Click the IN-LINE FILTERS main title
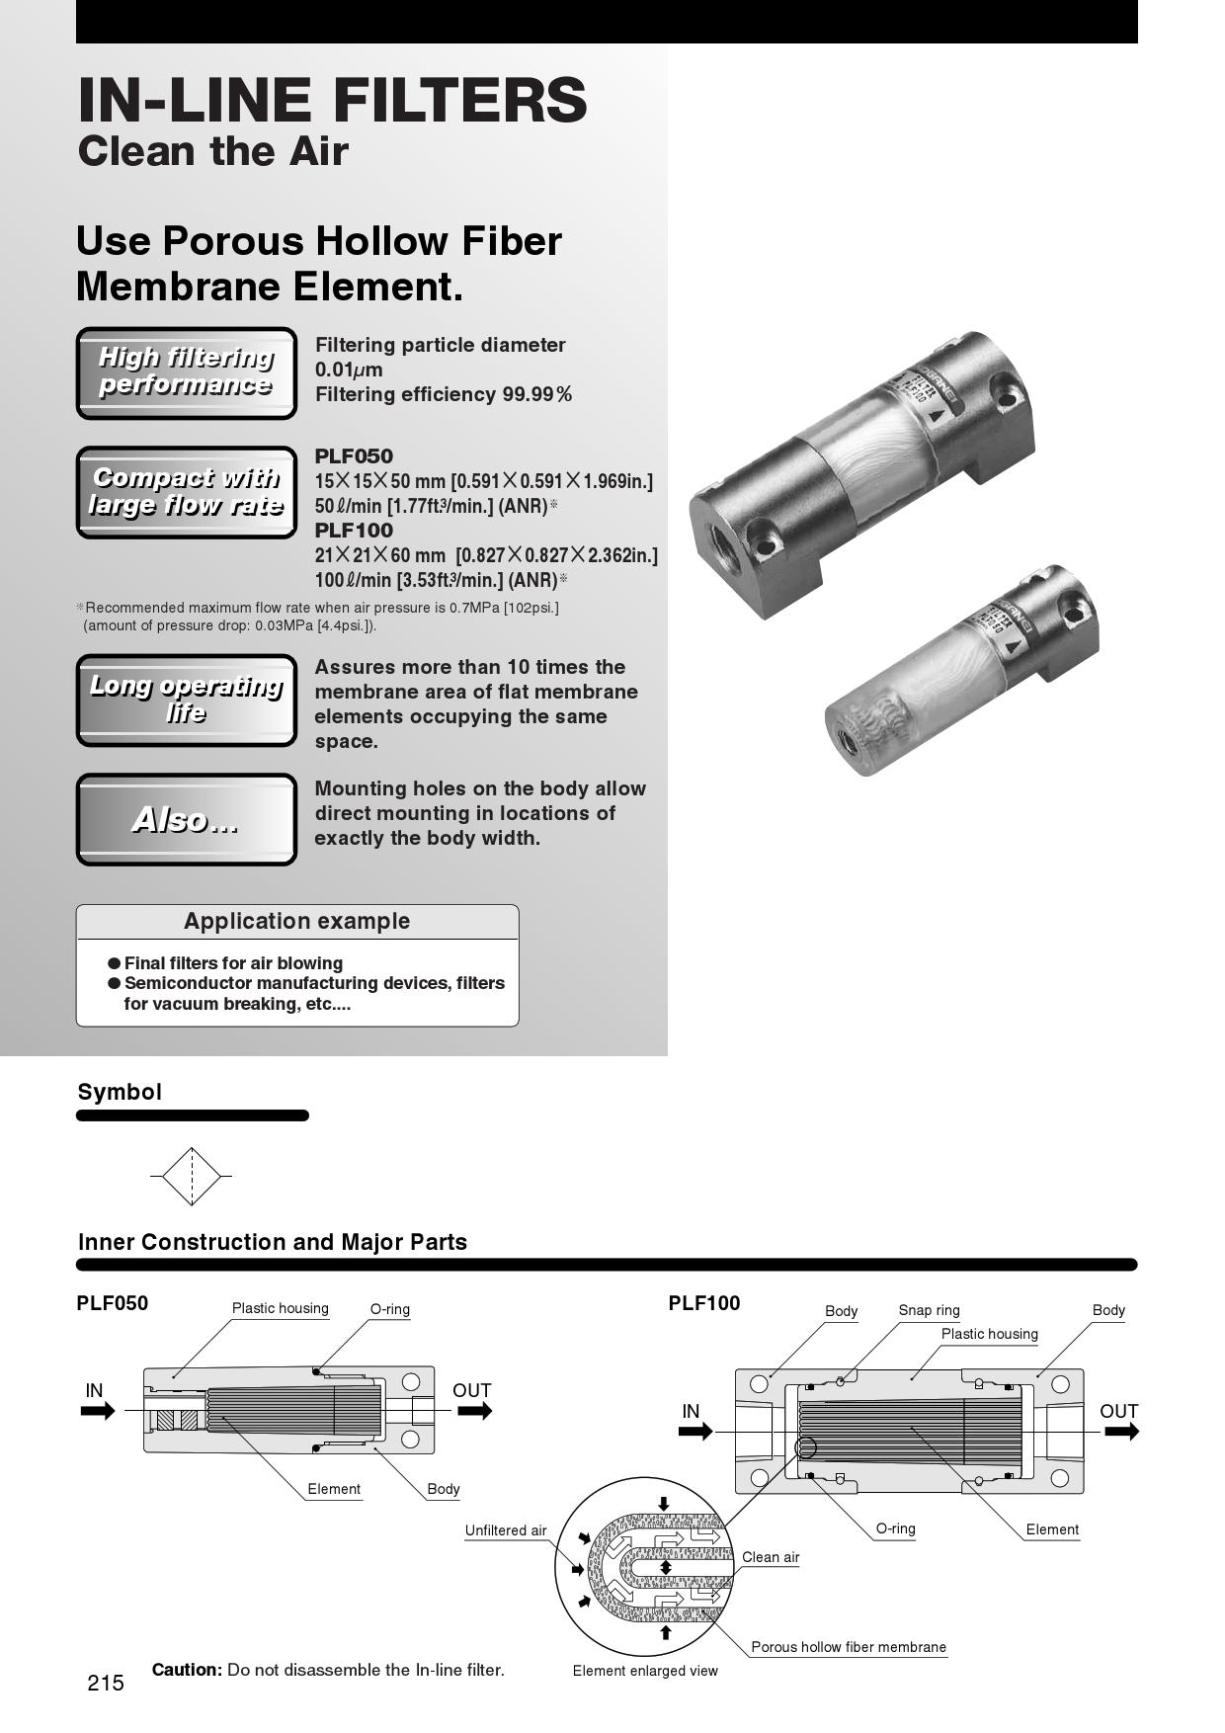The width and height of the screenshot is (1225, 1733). click(332, 100)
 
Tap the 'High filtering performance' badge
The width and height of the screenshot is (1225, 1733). click(186, 372)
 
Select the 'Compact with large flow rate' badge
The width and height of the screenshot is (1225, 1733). click(186, 492)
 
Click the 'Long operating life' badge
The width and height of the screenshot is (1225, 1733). click(186, 700)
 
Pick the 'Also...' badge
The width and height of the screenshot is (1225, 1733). click(186, 820)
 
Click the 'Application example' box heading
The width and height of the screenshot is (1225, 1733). click(296, 921)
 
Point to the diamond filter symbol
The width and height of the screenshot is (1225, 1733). click(191, 1176)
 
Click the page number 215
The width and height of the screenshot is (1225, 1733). click(106, 1683)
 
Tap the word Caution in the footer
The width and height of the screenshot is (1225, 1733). click(187, 1670)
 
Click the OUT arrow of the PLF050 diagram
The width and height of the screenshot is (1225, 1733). click(474, 1411)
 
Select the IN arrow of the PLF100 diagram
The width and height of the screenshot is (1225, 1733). click(695, 1431)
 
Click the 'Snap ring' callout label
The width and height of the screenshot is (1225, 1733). click(929, 1310)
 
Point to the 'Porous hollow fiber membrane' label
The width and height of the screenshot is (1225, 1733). click(848, 1647)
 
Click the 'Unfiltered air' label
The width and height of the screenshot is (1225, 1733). click(506, 1530)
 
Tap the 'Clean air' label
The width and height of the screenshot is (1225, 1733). click(771, 1557)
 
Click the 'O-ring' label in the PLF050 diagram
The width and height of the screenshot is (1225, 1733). click(389, 1309)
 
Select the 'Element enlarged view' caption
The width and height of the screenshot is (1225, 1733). click(645, 1671)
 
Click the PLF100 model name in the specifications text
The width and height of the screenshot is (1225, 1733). click(354, 531)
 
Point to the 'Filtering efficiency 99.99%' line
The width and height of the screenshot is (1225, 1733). click(443, 394)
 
